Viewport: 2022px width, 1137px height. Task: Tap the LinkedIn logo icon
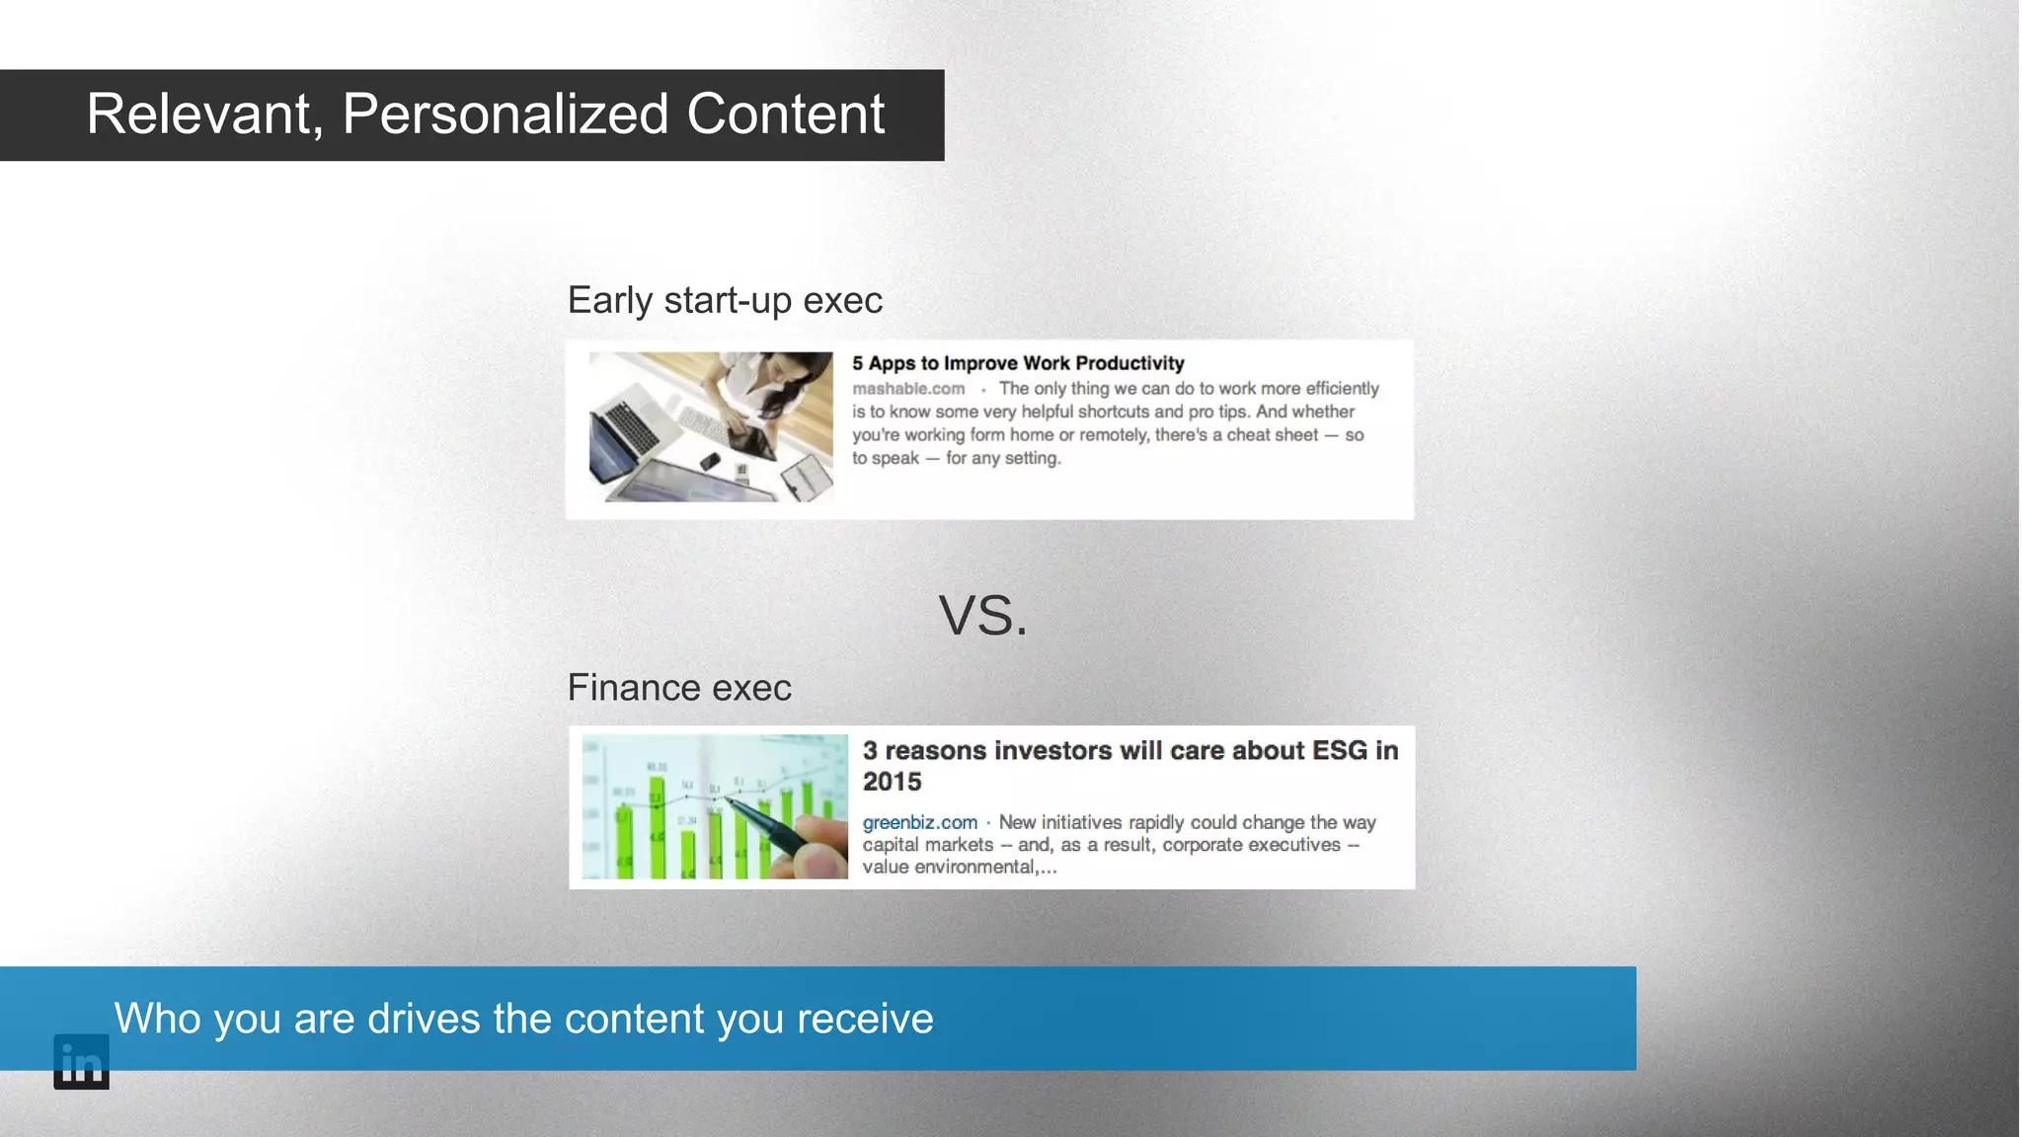(81, 1062)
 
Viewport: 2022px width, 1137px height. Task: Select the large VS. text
(982, 616)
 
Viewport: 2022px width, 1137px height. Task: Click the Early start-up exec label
(725, 300)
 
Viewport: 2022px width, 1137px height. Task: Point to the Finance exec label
(679, 688)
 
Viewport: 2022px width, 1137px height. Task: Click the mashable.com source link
(908, 389)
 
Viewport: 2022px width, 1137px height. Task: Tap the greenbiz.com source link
(919, 822)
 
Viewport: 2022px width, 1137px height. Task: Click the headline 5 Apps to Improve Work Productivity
(1018, 363)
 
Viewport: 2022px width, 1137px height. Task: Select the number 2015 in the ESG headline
(892, 782)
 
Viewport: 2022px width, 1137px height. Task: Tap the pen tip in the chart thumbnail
(733, 801)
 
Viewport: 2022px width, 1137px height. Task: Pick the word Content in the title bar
(785, 114)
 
